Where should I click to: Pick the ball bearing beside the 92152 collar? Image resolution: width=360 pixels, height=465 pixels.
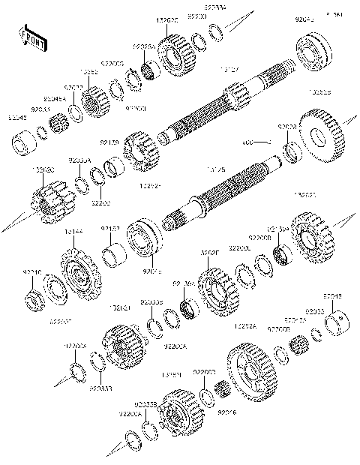[x=143, y=238]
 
